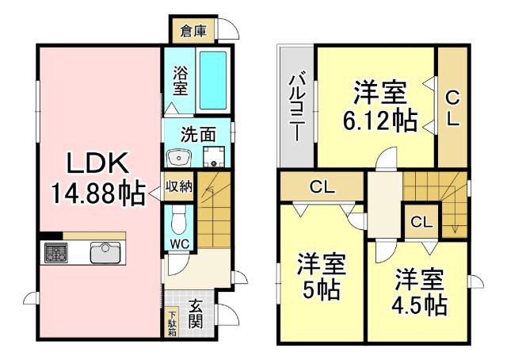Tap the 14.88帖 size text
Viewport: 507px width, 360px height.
97,191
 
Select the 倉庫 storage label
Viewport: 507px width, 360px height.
193,32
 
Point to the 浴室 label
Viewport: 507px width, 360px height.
181,79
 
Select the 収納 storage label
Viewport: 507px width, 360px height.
179,187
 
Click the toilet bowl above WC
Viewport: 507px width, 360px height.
178,216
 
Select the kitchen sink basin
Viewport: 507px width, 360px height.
104,253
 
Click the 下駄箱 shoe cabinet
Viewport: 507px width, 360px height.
172,324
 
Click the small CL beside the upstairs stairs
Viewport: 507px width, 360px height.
421,221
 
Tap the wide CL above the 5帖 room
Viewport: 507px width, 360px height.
322,188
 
